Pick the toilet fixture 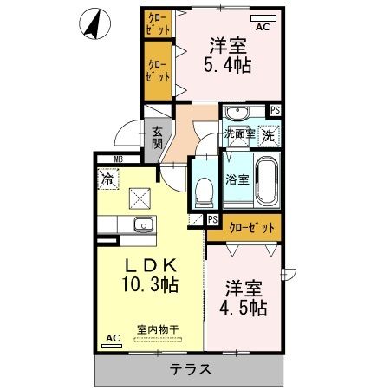coord(205,190)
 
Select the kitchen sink coord(143,227)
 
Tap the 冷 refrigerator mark coord(107,180)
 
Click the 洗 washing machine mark coord(269,134)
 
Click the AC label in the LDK coord(111,338)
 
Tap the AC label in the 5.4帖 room coord(263,26)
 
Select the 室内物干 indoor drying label coord(158,329)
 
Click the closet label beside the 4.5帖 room coord(253,227)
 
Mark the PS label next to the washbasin coord(275,110)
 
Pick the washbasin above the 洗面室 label coord(235,114)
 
